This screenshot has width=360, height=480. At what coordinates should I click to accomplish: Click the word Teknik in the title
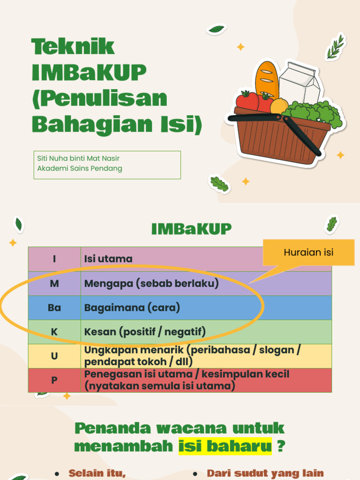[73, 47]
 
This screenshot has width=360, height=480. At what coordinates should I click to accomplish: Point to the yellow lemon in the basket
[279, 106]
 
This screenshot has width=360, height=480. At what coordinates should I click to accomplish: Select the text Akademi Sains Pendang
[80, 168]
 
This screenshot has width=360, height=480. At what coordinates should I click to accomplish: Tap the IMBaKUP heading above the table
[191, 229]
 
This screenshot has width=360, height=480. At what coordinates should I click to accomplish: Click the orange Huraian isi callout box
[308, 253]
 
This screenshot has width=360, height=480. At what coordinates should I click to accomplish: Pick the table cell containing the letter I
[54, 259]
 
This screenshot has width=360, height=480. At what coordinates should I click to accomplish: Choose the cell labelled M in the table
[54, 284]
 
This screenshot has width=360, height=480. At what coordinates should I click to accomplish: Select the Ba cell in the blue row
[54, 308]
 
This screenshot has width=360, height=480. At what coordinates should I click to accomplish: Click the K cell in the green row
[54, 332]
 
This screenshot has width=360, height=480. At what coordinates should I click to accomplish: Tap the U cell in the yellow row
[54, 356]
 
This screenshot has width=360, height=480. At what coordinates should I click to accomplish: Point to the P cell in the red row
[54, 380]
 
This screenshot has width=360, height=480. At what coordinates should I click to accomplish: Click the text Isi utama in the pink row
[108, 259]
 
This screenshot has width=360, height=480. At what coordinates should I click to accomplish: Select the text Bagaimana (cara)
[132, 308]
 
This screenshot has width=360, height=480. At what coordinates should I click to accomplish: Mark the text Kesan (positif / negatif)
[145, 332]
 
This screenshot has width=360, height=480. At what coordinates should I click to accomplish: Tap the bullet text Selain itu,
[97, 473]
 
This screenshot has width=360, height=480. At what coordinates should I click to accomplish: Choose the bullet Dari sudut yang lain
[265, 473]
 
